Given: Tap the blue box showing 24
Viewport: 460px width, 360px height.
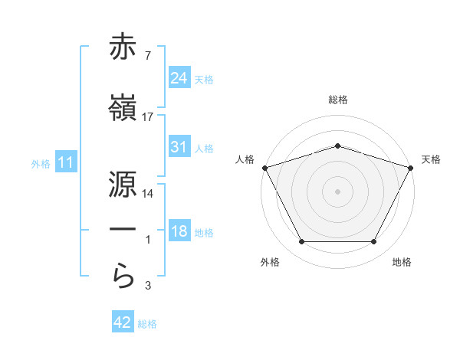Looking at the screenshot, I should click(179, 78).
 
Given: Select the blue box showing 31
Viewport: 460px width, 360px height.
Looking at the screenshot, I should click(179, 147).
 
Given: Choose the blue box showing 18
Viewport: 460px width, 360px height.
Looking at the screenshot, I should click(179, 232).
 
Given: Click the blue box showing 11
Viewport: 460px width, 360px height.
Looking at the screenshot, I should click(65, 162).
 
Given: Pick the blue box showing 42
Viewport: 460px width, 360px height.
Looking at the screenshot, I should click(123, 323).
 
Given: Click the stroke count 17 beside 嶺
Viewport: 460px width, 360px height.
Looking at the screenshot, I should click(148, 117).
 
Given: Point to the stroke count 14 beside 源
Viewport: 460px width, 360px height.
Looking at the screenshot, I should click(148, 194).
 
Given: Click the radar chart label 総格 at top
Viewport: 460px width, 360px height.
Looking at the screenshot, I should click(338, 100).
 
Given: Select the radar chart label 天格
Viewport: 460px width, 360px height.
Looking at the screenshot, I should click(431, 159).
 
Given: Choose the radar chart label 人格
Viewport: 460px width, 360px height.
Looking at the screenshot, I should click(245, 159).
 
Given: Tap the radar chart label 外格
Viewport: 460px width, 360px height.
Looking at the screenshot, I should click(271, 262).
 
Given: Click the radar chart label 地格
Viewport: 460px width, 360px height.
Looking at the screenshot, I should click(402, 262).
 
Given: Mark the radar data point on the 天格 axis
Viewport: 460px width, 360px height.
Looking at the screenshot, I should click(412, 167).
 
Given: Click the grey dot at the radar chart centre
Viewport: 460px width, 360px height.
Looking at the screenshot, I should click(338, 191).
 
